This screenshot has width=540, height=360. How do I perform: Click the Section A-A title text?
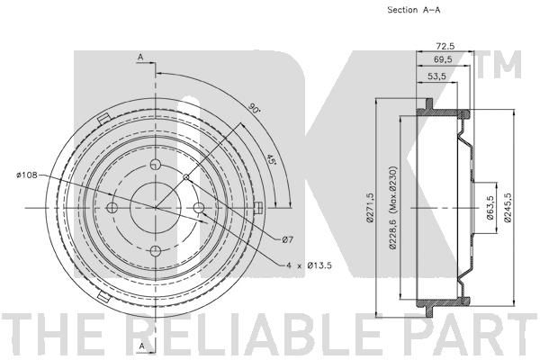click(x=414, y=10)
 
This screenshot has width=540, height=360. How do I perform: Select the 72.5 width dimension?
click(x=445, y=46)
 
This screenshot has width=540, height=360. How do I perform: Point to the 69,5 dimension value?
click(x=443, y=59)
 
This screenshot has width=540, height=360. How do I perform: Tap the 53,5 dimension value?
click(x=436, y=76)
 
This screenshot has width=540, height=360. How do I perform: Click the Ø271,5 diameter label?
click(x=370, y=208)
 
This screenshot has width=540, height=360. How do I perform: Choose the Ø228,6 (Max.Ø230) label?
click(x=392, y=208)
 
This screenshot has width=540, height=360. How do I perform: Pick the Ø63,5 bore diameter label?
click(x=490, y=208)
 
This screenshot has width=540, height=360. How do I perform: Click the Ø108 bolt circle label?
click(x=26, y=175)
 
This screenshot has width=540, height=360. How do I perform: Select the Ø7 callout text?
click(x=288, y=239)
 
